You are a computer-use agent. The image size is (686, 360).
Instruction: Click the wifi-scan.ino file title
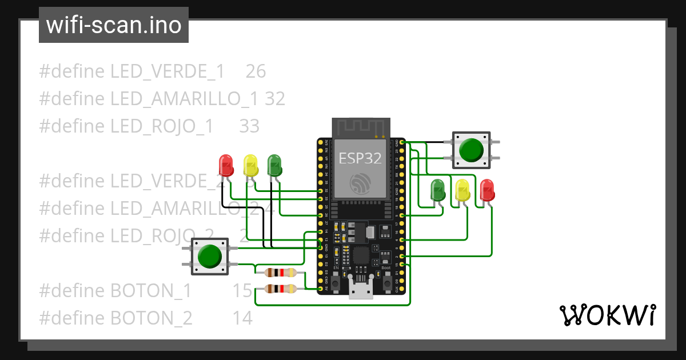click(x=113, y=25)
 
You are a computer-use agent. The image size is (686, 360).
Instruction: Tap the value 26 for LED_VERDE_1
click(x=256, y=71)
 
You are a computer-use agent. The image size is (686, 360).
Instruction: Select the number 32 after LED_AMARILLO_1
click(x=275, y=99)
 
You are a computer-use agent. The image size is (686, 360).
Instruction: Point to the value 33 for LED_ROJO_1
click(x=249, y=126)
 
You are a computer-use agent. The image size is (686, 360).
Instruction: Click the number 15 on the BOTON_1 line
click(x=242, y=291)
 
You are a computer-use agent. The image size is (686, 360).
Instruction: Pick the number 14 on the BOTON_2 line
click(x=242, y=318)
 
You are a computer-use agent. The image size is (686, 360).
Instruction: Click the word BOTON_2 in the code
click(x=151, y=318)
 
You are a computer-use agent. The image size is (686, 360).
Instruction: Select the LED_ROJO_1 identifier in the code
click(x=162, y=126)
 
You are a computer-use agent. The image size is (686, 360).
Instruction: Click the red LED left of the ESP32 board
click(x=226, y=166)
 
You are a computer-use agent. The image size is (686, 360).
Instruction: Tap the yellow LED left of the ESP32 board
click(x=250, y=166)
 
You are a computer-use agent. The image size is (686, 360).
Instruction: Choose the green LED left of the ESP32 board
click(x=274, y=166)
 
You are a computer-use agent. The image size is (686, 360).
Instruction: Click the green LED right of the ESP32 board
click(x=438, y=190)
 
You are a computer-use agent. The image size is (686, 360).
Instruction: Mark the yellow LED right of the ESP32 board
click(x=462, y=190)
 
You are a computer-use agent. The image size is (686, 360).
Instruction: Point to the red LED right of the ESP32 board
click(x=486, y=190)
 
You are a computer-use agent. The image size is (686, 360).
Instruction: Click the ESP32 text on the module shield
click(x=360, y=158)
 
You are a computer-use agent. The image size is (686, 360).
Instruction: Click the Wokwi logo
click(x=607, y=315)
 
